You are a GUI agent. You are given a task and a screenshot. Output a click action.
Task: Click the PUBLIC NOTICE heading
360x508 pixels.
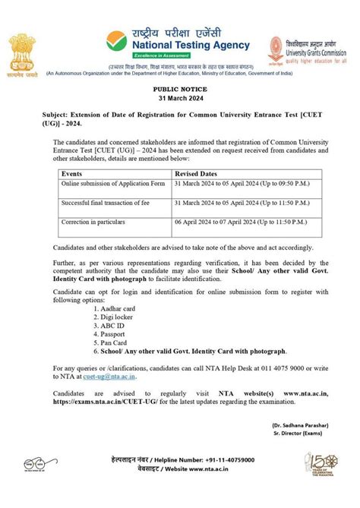click(x=179, y=90)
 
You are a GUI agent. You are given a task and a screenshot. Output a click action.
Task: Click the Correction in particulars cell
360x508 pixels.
click(x=92, y=223)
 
